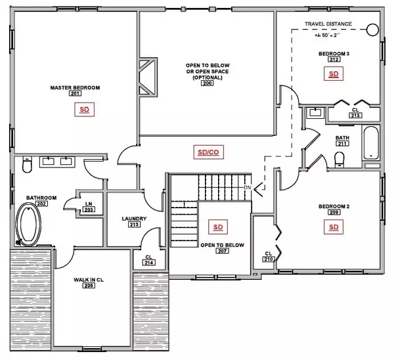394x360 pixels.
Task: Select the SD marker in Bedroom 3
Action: coord(333,75)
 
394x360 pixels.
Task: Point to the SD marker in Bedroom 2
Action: coord(333,227)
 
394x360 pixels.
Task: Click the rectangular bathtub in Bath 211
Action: coord(371,144)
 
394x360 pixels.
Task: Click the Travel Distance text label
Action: coord(328,25)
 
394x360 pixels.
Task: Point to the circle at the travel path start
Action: coord(372,30)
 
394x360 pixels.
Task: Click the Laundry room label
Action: coord(134,219)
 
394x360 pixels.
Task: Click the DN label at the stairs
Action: coord(248,189)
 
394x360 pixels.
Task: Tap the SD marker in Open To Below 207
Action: coord(217,227)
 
